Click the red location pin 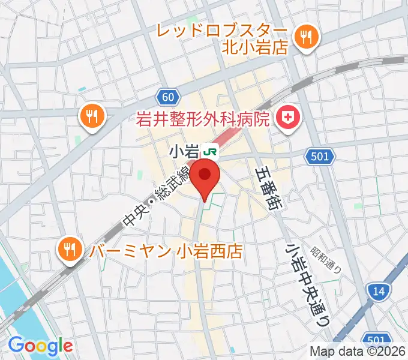206,176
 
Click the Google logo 40,346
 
